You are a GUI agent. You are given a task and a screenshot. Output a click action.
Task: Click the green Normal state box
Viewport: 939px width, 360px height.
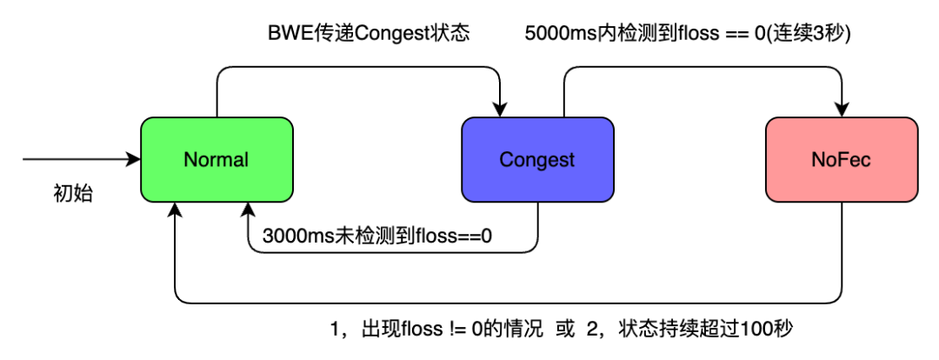[x=216, y=159]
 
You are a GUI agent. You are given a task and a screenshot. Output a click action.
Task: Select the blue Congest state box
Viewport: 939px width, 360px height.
[x=537, y=159]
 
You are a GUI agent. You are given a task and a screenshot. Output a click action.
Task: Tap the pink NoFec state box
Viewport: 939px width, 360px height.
[x=842, y=159]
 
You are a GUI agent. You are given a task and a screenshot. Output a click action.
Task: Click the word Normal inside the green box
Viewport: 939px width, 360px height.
[x=216, y=160]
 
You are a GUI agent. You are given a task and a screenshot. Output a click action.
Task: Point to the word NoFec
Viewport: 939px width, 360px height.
[x=842, y=160]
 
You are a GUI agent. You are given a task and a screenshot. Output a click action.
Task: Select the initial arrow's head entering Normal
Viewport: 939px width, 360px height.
[x=134, y=159]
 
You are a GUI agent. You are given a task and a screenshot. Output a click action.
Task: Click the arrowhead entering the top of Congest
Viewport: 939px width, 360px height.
[x=499, y=109]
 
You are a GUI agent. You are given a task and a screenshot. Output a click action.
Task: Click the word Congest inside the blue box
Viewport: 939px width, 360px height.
[x=537, y=160]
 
